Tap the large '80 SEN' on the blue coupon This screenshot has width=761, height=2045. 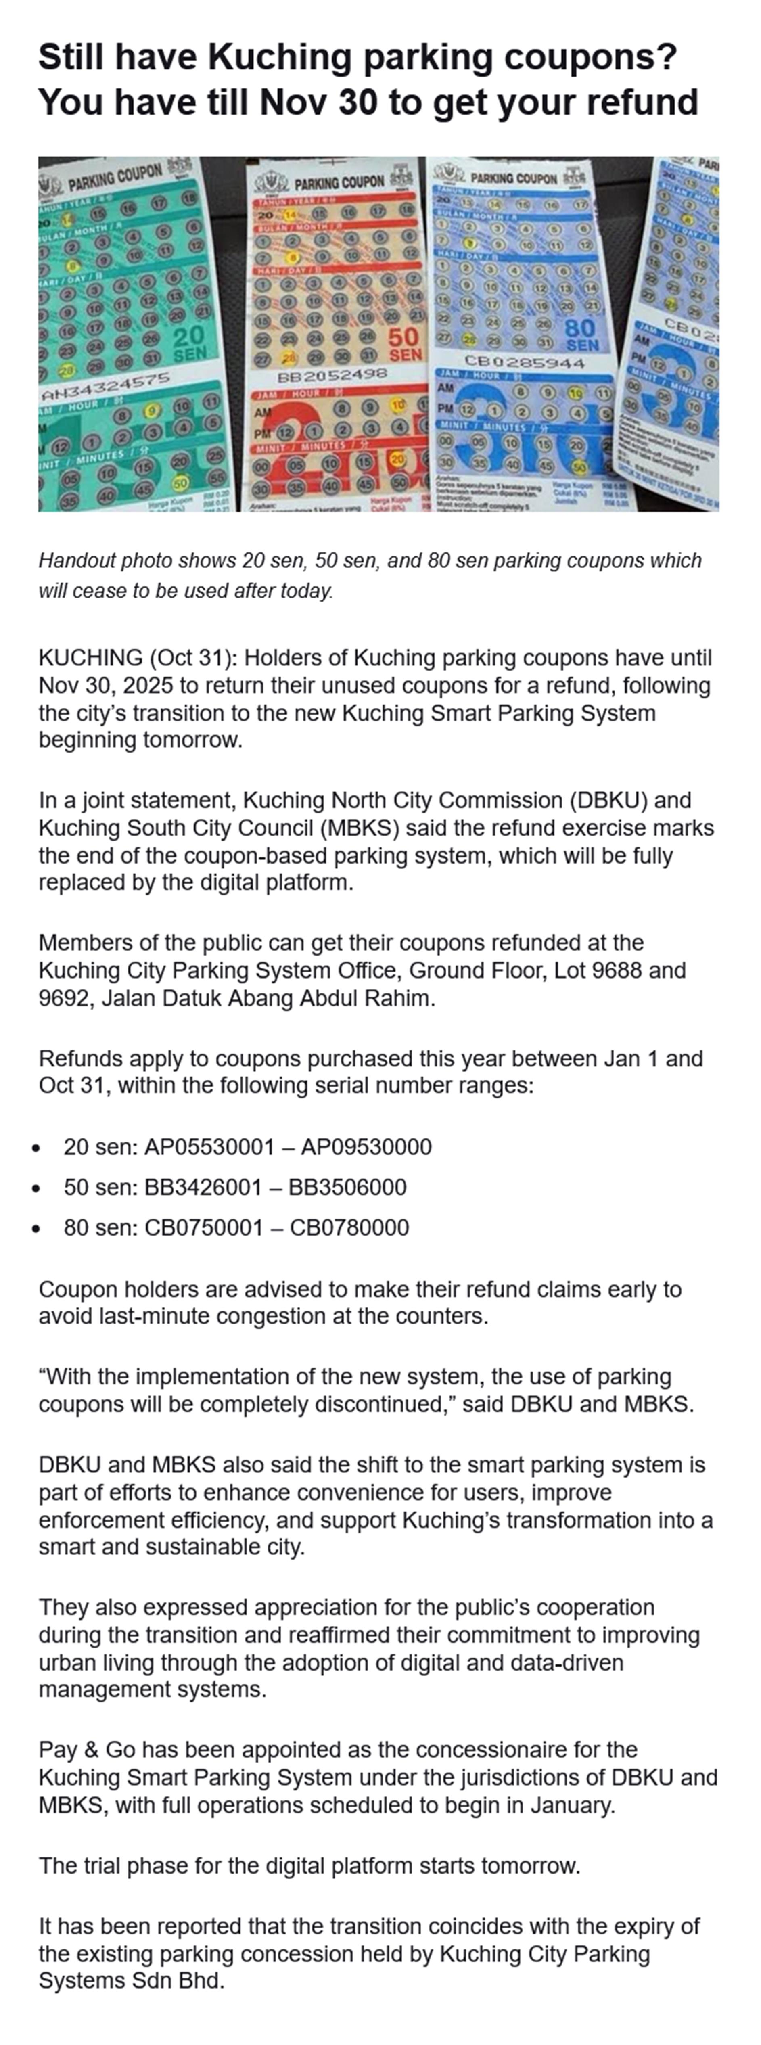pyautogui.click(x=581, y=336)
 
